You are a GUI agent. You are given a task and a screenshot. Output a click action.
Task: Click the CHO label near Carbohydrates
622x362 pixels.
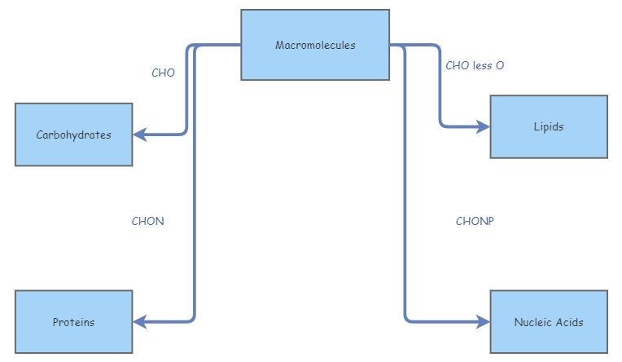163,73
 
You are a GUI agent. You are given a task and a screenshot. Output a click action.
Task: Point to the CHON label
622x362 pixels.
147,221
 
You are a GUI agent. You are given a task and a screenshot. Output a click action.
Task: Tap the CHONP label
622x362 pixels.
475,221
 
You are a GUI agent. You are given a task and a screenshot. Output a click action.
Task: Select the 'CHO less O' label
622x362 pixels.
475,65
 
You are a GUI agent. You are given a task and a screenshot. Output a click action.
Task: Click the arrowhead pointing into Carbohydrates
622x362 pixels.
139,135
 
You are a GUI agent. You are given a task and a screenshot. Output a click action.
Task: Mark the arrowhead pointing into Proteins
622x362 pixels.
139,322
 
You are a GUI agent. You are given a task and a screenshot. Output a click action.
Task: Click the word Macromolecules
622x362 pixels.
315,46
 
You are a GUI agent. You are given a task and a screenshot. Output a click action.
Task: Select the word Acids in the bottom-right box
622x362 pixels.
568,322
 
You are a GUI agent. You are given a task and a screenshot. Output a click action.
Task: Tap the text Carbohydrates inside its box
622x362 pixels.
73,135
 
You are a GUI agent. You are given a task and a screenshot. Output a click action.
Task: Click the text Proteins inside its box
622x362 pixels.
73,322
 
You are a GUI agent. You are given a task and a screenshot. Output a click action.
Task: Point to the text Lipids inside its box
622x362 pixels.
548,127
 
